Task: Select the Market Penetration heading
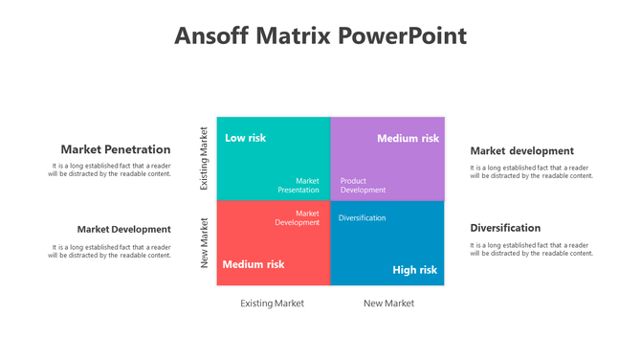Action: coord(116,149)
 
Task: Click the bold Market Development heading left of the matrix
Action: coord(123,229)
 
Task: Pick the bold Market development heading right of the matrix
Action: coord(521,150)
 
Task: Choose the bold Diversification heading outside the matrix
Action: coord(505,228)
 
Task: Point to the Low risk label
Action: coord(245,138)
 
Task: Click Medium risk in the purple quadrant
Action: coord(408,139)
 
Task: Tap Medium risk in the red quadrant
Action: coord(254,264)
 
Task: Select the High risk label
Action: coord(414,270)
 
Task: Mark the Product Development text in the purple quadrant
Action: coord(363,185)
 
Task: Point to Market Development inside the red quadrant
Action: coord(298,217)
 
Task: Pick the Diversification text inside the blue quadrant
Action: coord(362,218)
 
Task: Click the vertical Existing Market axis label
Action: coord(203,158)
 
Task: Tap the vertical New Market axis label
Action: coord(203,242)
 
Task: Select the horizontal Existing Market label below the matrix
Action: coord(272,303)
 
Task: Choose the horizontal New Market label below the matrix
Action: coord(388,303)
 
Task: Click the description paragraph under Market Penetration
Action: coord(110,170)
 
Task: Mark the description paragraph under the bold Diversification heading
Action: coord(531,249)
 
